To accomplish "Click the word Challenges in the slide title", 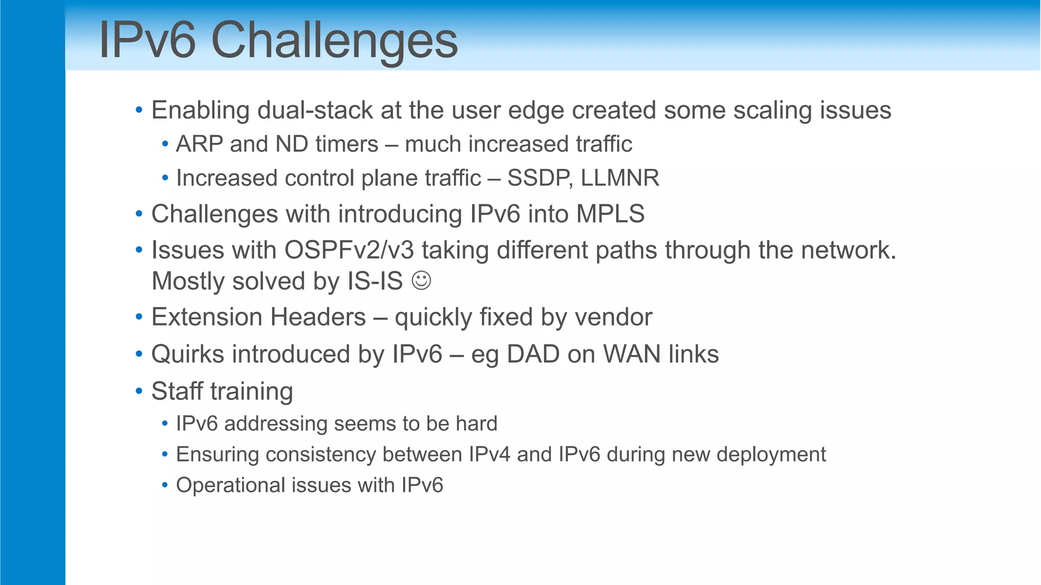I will coord(334,41).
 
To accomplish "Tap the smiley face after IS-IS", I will coord(421,281).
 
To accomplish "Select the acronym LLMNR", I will coord(620,178).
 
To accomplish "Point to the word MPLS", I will coord(610,214).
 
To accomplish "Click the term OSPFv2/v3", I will coord(349,251).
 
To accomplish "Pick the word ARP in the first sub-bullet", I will coord(199,144).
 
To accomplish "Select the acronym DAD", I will coord(533,354).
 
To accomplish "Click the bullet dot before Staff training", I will coord(139,391).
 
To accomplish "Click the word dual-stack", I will coord(315,111).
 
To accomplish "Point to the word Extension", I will coord(207,318).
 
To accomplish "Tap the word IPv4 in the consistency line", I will coord(489,454).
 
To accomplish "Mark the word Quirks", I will coord(188,354).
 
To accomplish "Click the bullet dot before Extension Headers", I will coord(139,318).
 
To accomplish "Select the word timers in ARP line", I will coord(346,144).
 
